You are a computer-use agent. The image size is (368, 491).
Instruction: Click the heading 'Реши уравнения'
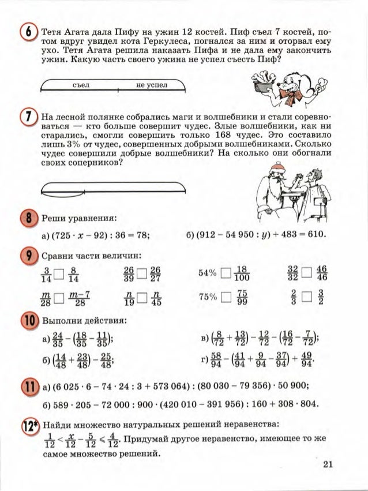[x=80, y=219]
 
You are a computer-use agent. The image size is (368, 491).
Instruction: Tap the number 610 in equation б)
[x=317, y=235]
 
